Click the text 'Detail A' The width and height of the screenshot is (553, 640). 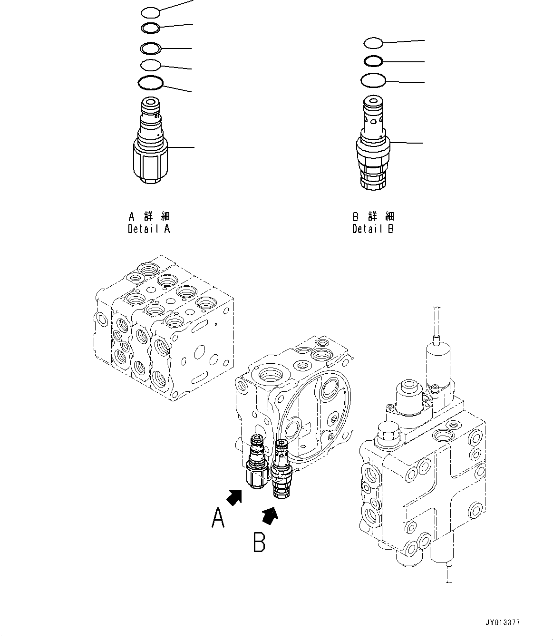149,229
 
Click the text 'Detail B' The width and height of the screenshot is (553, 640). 373,229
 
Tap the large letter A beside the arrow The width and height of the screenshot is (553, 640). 218,518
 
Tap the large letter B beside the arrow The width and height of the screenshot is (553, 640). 259,543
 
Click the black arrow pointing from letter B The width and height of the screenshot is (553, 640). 270,515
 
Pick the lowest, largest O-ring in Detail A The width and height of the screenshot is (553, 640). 151,83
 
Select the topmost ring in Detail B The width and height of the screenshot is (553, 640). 373,43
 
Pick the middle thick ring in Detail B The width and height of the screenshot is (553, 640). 373,61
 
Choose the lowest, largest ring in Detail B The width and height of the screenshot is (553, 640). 373,80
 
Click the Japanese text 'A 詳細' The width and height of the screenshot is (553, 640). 149,217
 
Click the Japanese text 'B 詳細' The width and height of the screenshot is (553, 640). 373,217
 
